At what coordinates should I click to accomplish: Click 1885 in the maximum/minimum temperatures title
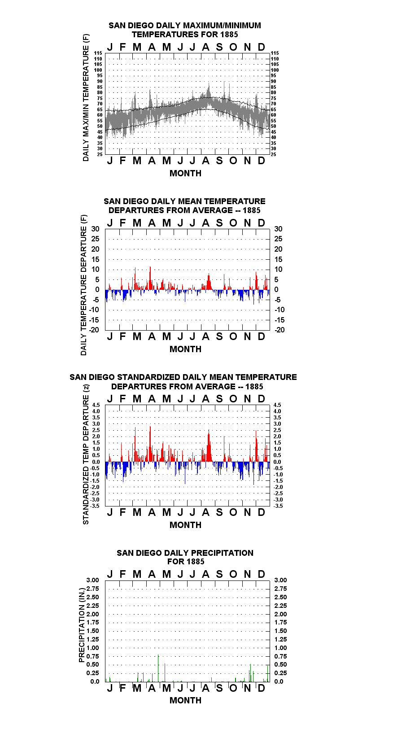[x=229, y=35]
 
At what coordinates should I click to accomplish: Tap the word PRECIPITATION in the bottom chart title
[x=222, y=553]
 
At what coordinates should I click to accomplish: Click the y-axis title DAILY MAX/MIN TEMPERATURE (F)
[x=86, y=97]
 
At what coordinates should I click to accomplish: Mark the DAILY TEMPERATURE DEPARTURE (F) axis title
[x=84, y=285]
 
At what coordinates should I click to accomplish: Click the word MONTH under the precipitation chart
[x=186, y=700]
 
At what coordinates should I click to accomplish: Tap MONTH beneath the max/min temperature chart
[x=186, y=173]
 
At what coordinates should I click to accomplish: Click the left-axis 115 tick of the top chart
[x=98, y=53]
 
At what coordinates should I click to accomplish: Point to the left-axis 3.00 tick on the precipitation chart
[x=92, y=580]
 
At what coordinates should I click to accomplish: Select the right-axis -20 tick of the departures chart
[x=280, y=330]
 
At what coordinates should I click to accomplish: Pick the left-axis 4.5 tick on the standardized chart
[x=96, y=405]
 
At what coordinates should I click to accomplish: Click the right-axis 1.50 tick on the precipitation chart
[x=280, y=631]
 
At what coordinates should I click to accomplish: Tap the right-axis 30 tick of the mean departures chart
[x=279, y=229]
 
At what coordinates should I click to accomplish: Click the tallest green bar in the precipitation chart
[x=158, y=668]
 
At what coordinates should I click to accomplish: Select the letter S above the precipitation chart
[x=219, y=574]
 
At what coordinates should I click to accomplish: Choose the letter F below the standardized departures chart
[x=123, y=512]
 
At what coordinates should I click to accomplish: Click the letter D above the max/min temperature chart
[x=261, y=47]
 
